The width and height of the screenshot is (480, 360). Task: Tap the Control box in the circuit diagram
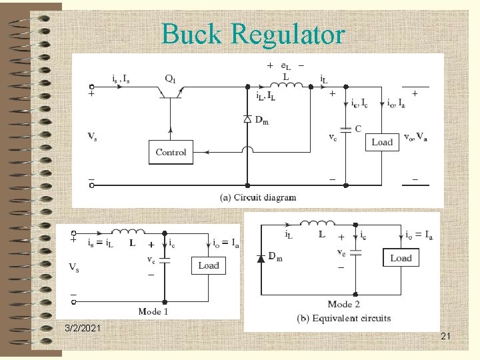(171, 152)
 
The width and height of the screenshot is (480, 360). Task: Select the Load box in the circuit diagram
(382, 142)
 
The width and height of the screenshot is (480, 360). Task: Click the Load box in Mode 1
(208, 265)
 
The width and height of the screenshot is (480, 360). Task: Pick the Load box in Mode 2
(401, 258)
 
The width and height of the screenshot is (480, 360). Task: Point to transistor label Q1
(171, 78)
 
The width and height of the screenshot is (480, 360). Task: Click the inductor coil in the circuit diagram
(285, 85)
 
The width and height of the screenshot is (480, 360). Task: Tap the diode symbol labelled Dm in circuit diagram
(247, 119)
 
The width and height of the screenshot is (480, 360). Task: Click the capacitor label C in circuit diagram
(358, 128)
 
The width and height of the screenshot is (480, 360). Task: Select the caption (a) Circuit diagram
(257, 197)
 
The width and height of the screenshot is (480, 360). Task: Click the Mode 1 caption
(153, 311)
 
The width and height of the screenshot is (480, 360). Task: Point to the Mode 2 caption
(344, 304)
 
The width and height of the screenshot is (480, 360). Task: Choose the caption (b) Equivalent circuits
(344, 318)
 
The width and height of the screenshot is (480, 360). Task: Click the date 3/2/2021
(83, 329)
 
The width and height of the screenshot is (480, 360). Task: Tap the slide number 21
(445, 338)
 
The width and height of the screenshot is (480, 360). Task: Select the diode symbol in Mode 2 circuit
(261, 258)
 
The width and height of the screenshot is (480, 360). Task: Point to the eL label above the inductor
(285, 66)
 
